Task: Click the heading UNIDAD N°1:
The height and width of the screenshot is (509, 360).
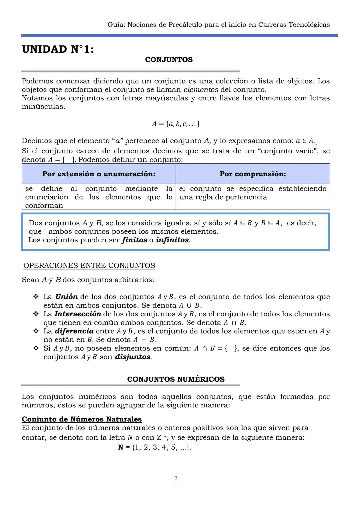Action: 58,50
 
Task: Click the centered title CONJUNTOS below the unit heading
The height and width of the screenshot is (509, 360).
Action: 169,60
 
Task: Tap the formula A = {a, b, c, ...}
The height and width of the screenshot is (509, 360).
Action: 176,124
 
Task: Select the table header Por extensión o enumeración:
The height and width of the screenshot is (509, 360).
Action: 99,174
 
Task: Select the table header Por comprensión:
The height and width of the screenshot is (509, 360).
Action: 252,174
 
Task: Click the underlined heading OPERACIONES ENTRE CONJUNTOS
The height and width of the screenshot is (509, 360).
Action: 89,266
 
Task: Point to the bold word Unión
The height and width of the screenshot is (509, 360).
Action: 66,297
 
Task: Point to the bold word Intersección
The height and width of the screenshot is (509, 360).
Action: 78,314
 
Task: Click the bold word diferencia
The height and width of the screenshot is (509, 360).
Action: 74,331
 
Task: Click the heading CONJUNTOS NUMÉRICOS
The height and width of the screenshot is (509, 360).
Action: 176,379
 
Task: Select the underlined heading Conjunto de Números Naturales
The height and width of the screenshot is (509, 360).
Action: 82,419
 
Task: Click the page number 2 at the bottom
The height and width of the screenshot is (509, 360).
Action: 176,479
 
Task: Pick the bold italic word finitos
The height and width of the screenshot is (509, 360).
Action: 134,240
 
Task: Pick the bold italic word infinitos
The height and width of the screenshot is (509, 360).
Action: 172,240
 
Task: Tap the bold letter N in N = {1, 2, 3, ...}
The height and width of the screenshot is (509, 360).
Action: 121,447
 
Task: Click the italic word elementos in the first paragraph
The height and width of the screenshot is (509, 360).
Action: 201,90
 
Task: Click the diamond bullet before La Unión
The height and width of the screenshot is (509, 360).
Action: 36,297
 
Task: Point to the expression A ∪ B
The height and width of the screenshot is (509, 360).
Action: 189,306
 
